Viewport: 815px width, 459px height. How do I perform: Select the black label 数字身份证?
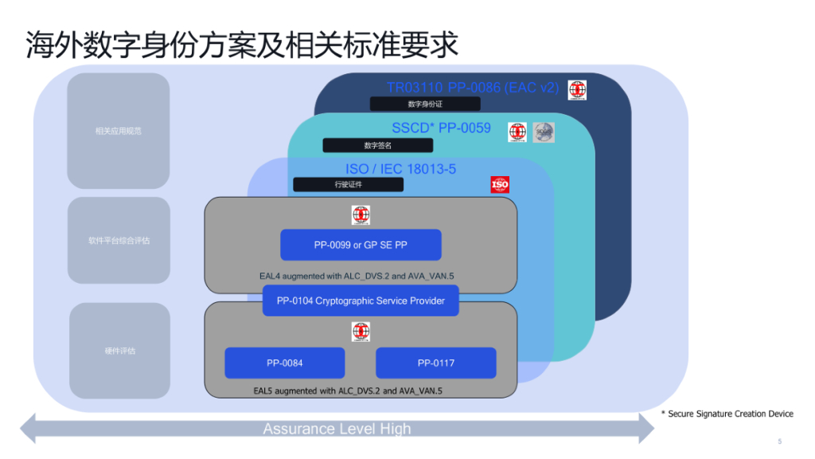(x=425, y=104)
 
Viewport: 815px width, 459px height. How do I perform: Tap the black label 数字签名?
(x=377, y=146)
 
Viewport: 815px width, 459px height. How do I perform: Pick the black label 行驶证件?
(x=348, y=185)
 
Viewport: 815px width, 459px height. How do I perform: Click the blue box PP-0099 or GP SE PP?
(x=360, y=245)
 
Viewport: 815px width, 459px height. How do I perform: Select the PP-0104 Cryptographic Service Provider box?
(x=361, y=300)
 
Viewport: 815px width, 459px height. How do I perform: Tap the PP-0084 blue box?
(x=284, y=363)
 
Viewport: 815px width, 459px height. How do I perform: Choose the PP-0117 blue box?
(x=435, y=363)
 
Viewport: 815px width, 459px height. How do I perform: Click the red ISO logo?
(x=500, y=185)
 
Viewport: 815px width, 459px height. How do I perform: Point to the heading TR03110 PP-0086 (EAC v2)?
(x=473, y=88)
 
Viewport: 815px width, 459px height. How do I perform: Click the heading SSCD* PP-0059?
(x=441, y=127)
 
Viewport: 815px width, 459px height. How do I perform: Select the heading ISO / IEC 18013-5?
(x=400, y=169)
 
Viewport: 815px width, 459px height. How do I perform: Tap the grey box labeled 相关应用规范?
(x=119, y=131)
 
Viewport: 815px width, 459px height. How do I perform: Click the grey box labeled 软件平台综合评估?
(x=119, y=240)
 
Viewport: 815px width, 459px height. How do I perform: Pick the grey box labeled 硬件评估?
(x=119, y=351)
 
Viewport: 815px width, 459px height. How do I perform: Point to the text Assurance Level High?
(x=337, y=429)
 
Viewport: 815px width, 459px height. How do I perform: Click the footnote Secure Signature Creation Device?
(x=727, y=414)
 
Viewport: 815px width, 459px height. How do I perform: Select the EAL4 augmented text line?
(x=361, y=276)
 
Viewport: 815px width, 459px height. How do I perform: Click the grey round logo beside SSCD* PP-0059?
(x=544, y=132)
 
